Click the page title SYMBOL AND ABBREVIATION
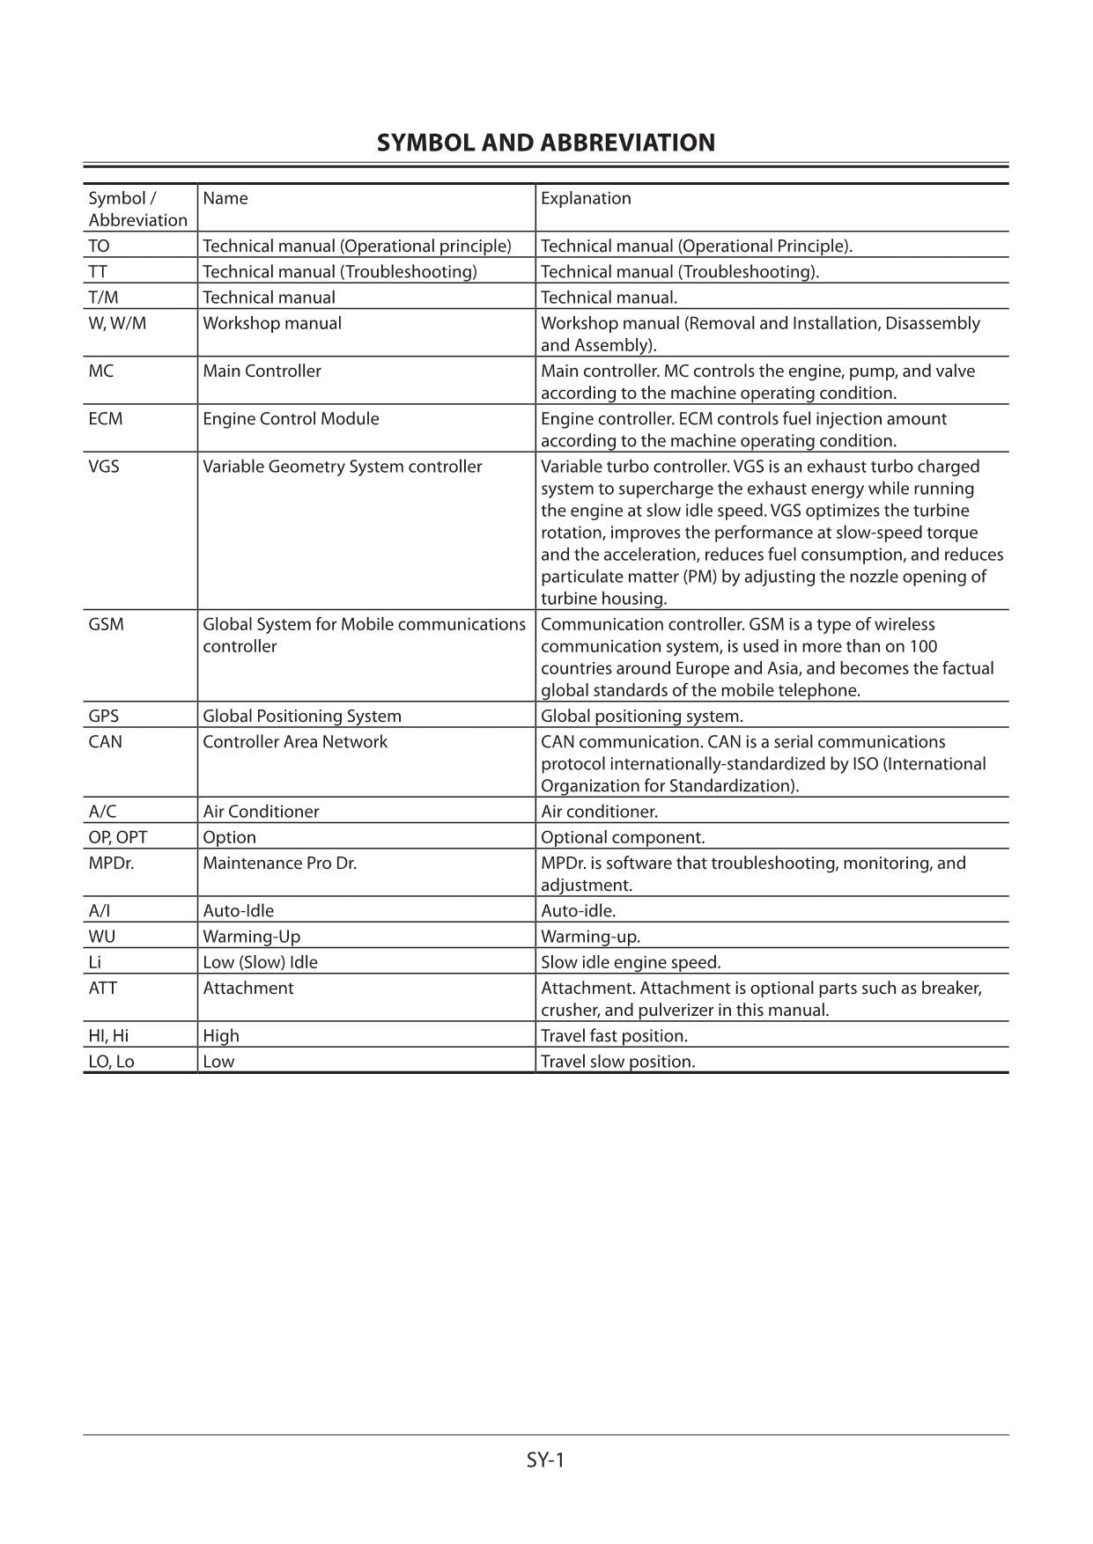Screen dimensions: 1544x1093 (x=545, y=143)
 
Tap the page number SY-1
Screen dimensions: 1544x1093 (x=545, y=1459)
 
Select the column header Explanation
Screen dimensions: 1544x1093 (x=586, y=198)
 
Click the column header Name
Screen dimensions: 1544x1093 (x=225, y=198)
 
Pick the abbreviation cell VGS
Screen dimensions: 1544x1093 (x=103, y=467)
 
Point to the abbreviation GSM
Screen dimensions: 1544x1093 (x=106, y=624)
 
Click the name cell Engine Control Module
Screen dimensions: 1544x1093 (x=291, y=419)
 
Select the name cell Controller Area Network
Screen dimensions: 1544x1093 (x=295, y=741)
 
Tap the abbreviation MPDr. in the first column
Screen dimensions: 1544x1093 (x=111, y=863)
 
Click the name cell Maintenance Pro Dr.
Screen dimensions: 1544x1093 (x=279, y=863)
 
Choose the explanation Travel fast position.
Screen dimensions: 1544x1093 (x=614, y=1035)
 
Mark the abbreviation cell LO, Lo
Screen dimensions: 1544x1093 (x=111, y=1061)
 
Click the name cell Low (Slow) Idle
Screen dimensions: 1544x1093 (x=260, y=962)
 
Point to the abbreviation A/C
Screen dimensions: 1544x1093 (x=102, y=811)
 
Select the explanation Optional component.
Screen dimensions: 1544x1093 (x=623, y=837)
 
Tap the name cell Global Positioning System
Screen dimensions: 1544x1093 (x=301, y=716)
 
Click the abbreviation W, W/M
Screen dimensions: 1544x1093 (x=117, y=323)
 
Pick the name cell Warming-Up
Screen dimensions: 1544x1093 (x=251, y=936)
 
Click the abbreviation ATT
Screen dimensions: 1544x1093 (x=102, y=988)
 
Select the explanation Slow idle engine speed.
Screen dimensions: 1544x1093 (x=631, y=962)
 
